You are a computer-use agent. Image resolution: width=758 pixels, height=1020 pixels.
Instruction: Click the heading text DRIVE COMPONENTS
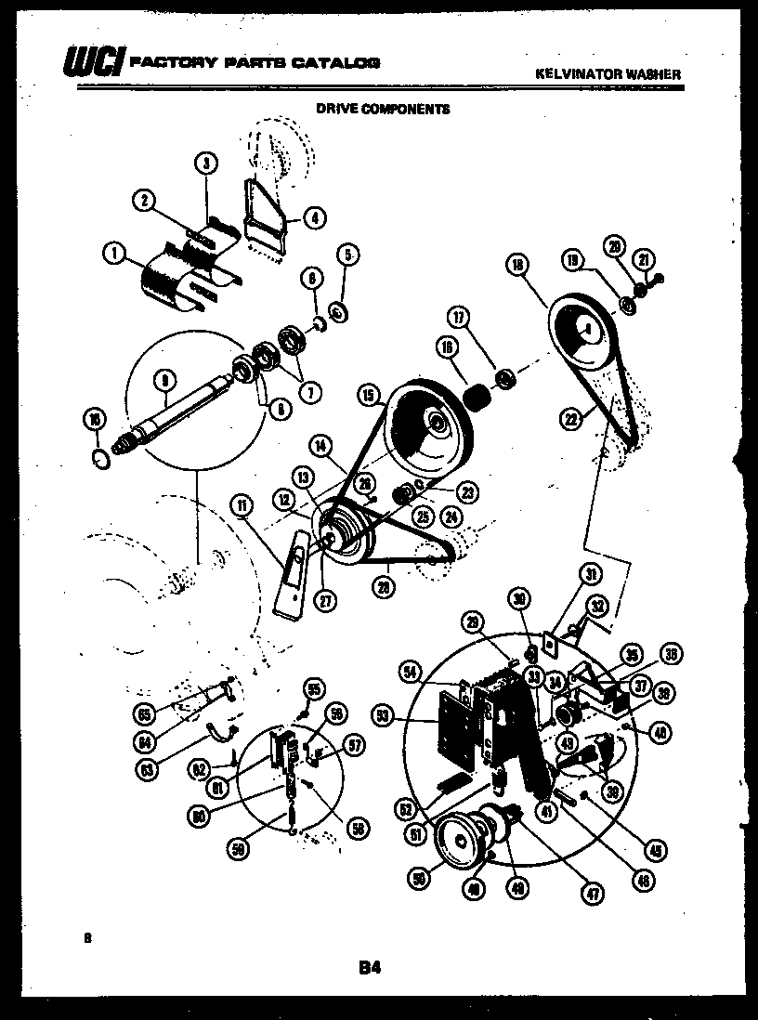click(x=383, y=109)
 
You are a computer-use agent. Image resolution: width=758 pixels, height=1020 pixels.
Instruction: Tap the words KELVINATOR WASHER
click(x=608, y=73)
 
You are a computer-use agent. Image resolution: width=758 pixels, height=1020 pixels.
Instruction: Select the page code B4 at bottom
click(x=370, y=968)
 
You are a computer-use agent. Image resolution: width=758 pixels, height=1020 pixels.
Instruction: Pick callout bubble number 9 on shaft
click(x=163, y=379)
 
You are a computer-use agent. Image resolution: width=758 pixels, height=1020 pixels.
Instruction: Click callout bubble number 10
click(x=94, y=420)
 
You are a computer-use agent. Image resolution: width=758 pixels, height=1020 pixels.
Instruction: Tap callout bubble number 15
click(x=370, y=396)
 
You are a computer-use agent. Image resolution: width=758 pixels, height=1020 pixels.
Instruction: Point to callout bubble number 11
click(x=242, y=505)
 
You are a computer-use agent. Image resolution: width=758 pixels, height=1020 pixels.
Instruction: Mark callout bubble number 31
click(x=591, y=574)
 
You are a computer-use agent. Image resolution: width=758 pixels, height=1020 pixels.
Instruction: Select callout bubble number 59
click(x=240, y=847)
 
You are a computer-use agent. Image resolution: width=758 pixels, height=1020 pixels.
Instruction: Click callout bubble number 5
click(x=347, y=254)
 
